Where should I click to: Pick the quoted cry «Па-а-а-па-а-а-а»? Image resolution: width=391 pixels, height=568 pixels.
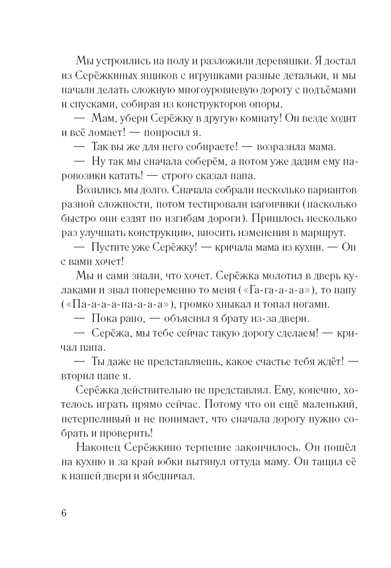click(117, 305)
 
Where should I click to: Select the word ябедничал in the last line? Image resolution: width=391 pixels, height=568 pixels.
click(166, 477)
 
